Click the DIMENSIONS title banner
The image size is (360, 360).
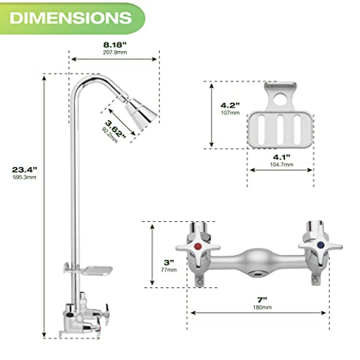point(66,16)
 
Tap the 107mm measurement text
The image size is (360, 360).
point(228,113)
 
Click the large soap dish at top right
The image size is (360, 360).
point(281,122)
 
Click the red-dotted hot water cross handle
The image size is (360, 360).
point(199,247)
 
